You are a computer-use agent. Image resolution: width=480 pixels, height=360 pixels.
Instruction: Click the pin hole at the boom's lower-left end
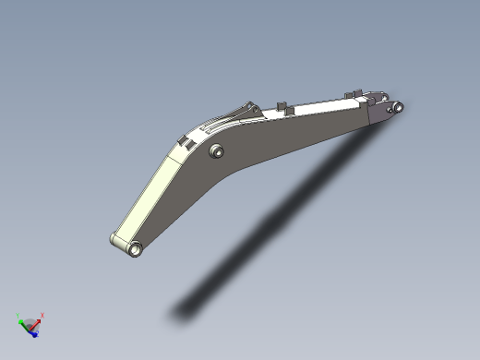pyautogui.click(x=136, y=247)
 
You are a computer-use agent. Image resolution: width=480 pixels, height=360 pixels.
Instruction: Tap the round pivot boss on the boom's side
pyautogui.click(x=218, y=150)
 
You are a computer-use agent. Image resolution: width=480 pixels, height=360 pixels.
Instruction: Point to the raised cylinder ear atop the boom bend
pyautogui.click(x=247, y=107)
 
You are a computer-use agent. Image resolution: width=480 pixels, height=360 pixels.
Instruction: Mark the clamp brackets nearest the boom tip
pyautogui.click(x=351, y=94)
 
